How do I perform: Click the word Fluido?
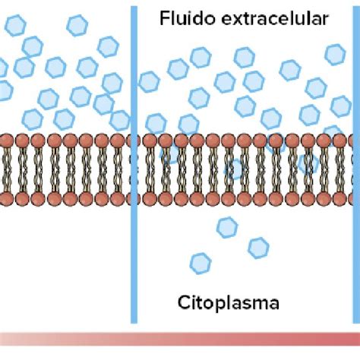click(188, 18)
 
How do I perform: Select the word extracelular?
click(275, 18)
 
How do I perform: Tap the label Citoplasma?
click(229, 303)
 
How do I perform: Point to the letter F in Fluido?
click(164, 18)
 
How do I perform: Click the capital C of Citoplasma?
click(184, 302)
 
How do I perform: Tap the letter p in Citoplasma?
click(222, 305)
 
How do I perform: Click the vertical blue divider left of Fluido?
click(134, 165)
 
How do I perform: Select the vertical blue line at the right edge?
click(357, 165)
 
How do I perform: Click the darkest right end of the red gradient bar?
click(357, 339)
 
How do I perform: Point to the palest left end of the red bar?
click(3, 339)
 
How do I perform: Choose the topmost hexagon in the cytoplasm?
click(227, 227)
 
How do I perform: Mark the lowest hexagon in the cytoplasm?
click(201, 264)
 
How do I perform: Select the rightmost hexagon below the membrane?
click(258, 248)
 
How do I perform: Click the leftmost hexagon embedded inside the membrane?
click(170, 153)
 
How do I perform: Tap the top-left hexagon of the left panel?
click(15, 25)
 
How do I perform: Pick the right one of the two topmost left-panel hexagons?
click(77, 25)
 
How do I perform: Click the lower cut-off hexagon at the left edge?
click(5, 90)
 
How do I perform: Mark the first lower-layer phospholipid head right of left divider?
click(150, 199)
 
